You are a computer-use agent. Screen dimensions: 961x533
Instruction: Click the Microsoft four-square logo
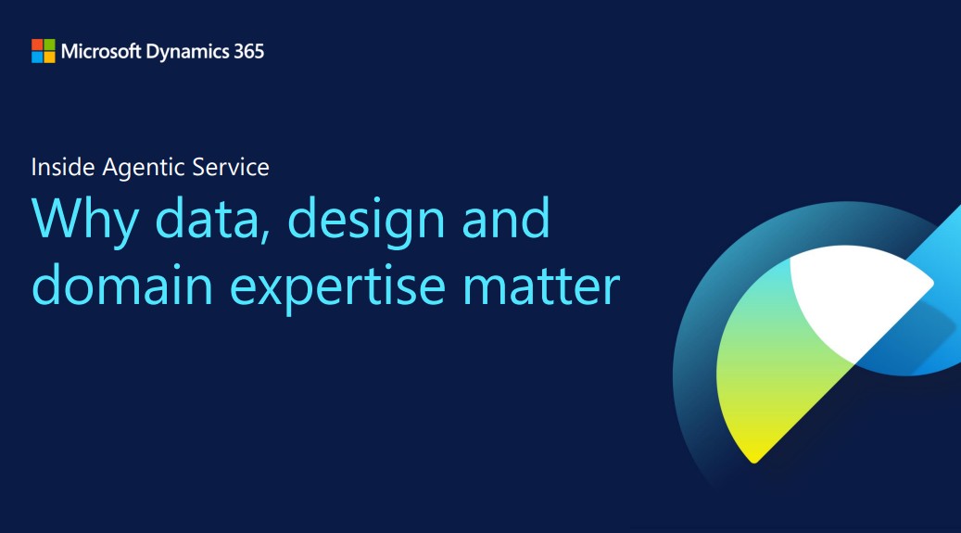43,51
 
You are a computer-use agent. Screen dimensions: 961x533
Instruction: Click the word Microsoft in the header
101,51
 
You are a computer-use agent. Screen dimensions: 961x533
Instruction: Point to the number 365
249,51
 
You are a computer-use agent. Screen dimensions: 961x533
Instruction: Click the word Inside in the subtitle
63,167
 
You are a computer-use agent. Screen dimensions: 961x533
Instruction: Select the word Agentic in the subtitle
144,168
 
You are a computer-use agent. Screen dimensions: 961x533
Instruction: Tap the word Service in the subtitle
231,167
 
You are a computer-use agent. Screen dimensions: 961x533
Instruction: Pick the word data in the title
213,219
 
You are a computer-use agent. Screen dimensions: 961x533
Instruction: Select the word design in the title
366,222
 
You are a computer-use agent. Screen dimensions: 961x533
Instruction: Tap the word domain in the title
122,285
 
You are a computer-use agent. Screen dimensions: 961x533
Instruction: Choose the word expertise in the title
337,289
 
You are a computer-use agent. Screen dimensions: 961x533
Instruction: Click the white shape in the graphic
858,295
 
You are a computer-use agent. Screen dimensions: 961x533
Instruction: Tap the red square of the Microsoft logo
37,44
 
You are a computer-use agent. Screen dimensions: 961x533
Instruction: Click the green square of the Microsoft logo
49,44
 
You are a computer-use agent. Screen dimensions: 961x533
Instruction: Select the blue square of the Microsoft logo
37,57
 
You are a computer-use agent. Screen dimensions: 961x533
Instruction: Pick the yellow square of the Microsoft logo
49,57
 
